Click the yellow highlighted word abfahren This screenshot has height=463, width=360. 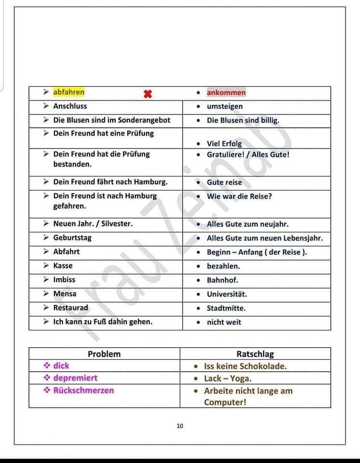coord(69,92)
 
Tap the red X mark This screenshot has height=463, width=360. coord(148,94)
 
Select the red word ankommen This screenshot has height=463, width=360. coord(226,93)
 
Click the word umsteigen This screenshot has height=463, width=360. coord(225,106)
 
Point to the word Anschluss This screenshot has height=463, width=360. coord(70,106)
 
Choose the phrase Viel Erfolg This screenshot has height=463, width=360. coord(224,144)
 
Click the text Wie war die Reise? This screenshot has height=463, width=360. coord(239,196)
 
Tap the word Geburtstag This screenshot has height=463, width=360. coord(72,238)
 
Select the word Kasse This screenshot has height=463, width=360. coord(63,266)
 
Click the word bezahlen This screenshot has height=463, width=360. coord(223,266)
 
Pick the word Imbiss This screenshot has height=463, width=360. coord(64,280)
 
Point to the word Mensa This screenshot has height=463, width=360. coord(65,294)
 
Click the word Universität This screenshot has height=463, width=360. coord(227,294)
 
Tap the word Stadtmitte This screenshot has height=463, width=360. coord(226,308)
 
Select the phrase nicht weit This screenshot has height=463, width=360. coord(224,322)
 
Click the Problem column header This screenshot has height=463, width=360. coord(104,354)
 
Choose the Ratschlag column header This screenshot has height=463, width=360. coord(255,354)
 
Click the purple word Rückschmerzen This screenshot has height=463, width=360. coord(83,390)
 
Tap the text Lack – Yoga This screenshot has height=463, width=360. coord(227,379)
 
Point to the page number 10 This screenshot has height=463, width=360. coord(180,426)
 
